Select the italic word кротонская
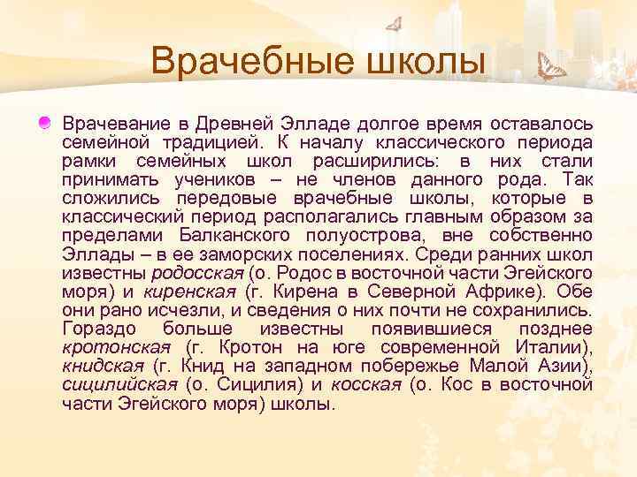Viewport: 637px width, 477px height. (116, 348)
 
